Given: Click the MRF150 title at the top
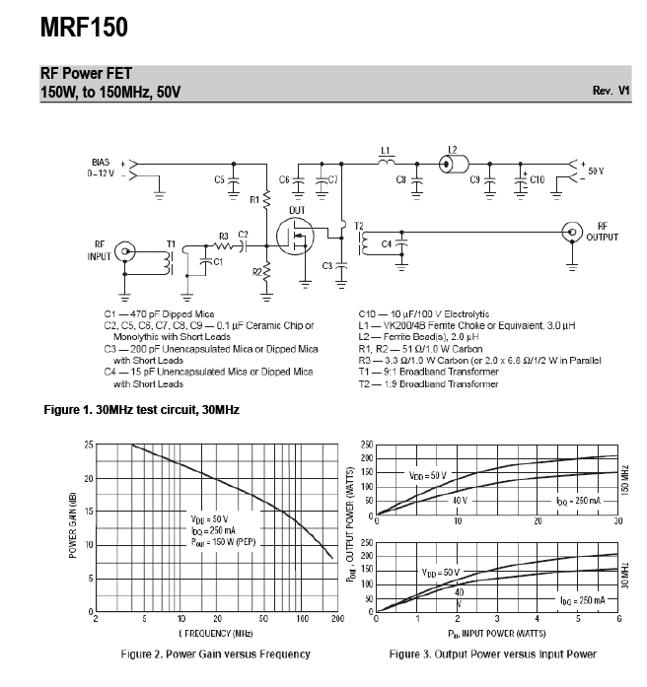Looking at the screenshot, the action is point(84,28).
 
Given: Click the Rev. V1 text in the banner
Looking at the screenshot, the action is point(611,91).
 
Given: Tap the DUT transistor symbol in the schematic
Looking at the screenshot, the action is point(295,237).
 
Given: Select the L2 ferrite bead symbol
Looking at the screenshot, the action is point(454,165).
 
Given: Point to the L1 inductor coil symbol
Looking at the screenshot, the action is point(387,162).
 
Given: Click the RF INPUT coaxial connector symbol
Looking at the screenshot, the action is point(125,251).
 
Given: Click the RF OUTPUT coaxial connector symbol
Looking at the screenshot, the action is point(572,232).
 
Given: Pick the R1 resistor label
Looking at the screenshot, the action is point(254,200).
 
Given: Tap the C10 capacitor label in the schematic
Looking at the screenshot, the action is point(537,179).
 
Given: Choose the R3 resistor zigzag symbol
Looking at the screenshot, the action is point(223,246).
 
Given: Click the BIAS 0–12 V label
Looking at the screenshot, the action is point(101,168).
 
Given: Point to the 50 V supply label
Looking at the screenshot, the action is point(596,171).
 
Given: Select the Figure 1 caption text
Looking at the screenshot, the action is point(142,410).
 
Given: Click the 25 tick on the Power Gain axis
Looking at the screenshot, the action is point(89,446).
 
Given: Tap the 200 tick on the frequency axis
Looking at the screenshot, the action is point(337,619).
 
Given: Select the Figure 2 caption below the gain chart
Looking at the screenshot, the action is point(216,654).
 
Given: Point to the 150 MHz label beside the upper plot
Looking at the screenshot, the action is point(625,480).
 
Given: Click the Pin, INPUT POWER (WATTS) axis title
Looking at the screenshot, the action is point(497,634).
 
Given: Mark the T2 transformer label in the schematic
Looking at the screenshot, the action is point(359,226).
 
